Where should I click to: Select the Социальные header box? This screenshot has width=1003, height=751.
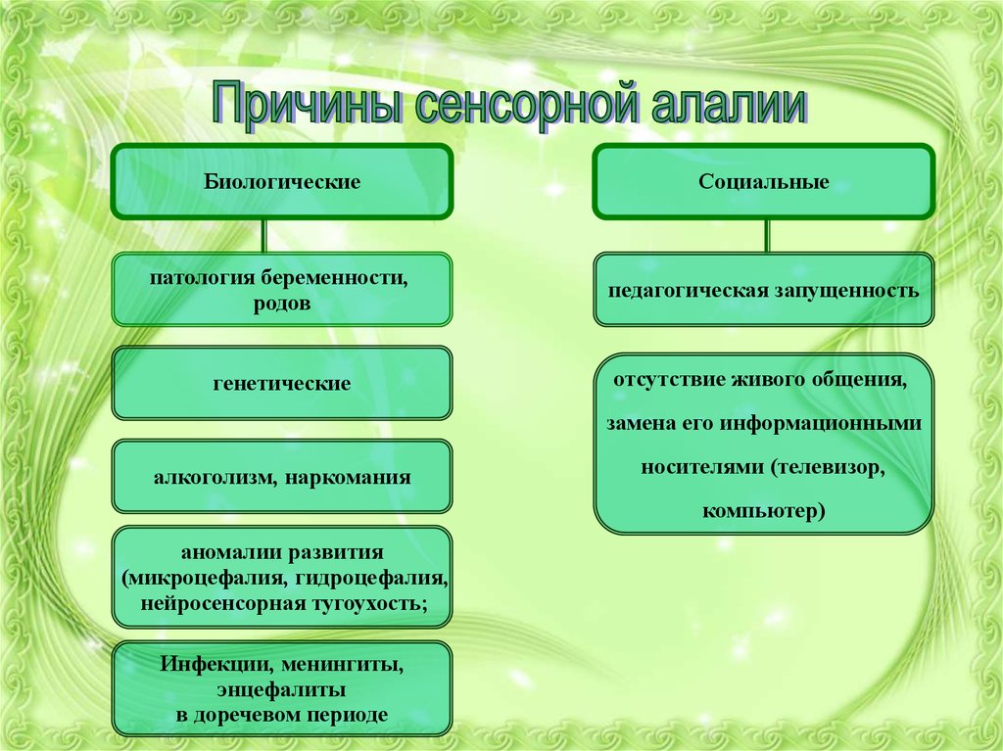tap(763, 182)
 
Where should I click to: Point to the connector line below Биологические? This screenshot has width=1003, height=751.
tap(263, 235)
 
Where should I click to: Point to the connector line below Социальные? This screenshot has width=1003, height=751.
tap(767, 235)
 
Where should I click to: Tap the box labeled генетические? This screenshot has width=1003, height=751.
tap(282, 384)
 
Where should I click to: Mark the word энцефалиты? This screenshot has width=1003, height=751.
tap(281, 689)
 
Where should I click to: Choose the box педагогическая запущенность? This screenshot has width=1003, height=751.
tap(763, 290)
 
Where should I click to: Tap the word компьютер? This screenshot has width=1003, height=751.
tap(760, 510)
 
